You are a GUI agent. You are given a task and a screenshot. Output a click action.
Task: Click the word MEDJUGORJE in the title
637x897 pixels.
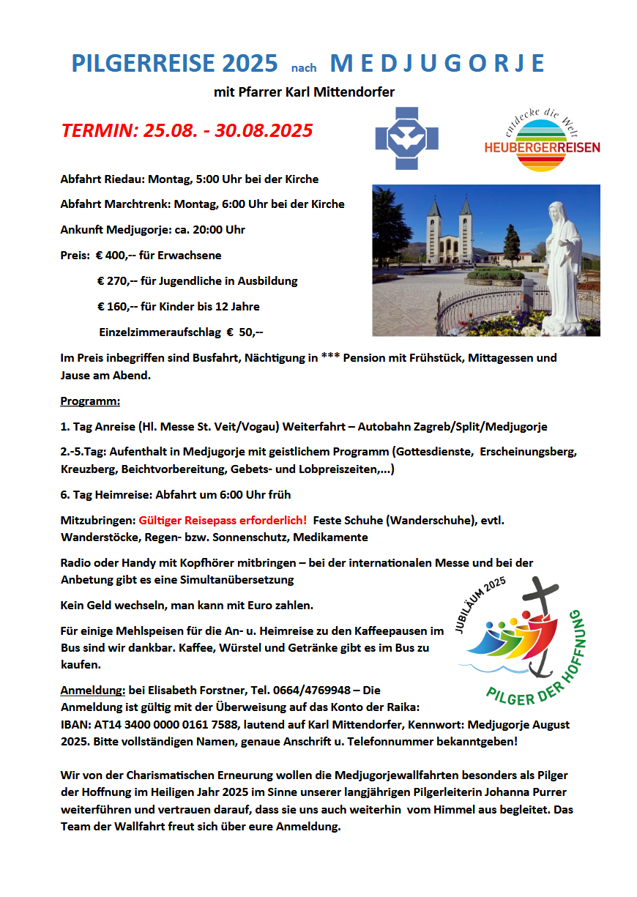coord(437,64)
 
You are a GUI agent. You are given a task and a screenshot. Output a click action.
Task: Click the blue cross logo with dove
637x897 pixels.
coord(406,138)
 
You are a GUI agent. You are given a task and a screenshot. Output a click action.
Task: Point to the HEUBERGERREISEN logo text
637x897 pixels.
coord(542,147)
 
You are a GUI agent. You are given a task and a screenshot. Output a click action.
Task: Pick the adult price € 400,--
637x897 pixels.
coord(116,256)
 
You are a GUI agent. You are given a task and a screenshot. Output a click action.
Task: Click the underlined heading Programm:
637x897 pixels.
coord(90,401)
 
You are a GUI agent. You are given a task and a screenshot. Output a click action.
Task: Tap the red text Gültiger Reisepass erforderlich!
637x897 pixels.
coord(223,520)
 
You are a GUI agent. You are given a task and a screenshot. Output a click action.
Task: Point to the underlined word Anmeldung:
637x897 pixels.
coord(92,691)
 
